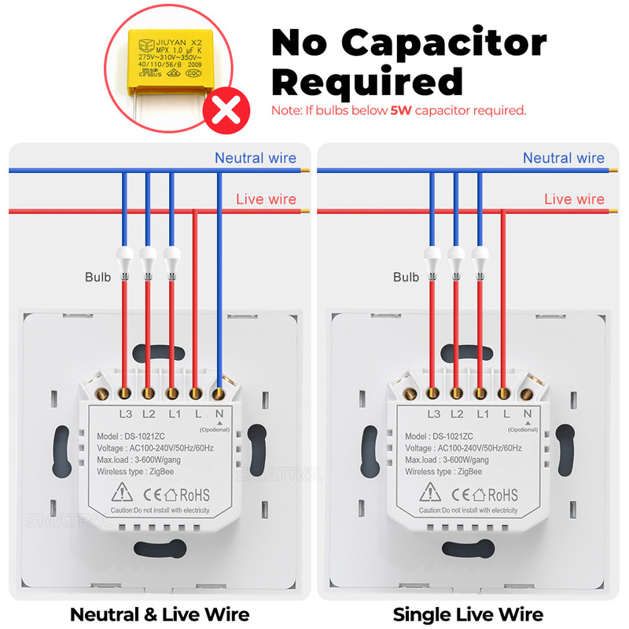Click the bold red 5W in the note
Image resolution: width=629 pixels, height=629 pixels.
coord(401,111)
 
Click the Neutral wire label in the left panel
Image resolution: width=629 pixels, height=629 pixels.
coord(256,158)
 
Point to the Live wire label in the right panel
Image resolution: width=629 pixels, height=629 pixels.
coord(575,199)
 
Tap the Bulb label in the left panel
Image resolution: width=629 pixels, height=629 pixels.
coord(97,277)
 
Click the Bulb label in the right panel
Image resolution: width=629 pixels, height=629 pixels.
coord(406,277)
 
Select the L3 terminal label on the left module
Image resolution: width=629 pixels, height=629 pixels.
coord(125,414)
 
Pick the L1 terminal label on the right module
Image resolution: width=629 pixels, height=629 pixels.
coord(484,414)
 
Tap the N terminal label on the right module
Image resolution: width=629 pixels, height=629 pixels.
coord(527,414)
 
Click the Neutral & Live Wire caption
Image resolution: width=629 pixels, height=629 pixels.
coord(160,614)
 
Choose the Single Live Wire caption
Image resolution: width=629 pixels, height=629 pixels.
coord(468,614)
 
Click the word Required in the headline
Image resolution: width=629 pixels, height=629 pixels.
coord(367,82)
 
